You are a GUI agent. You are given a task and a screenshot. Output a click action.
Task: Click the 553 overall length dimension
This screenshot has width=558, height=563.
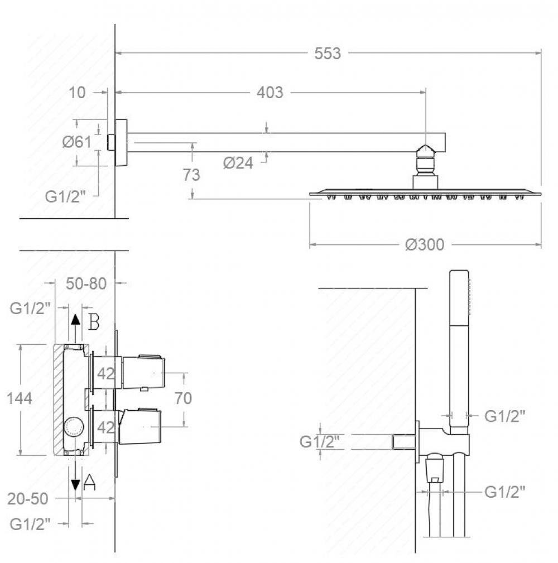tap(328, 54)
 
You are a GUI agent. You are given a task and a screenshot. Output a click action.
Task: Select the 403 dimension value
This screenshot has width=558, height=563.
tap(270, 93)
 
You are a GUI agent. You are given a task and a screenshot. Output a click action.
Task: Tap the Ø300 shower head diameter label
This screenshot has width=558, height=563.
tap(425, 244)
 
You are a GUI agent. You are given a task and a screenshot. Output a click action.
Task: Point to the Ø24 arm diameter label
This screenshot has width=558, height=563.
tap(238, 163)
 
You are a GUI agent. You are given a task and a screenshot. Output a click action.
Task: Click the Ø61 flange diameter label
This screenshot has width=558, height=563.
tap(76, 142)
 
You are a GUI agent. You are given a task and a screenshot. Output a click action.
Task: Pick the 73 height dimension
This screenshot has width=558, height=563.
tap(191, 175)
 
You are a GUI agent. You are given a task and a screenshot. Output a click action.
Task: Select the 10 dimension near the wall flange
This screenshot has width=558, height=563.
tap(78, 93)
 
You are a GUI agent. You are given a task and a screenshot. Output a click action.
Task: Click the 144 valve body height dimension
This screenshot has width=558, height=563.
tap(19, 398)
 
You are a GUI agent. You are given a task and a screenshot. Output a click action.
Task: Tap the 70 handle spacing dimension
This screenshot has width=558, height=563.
tap(183, 398)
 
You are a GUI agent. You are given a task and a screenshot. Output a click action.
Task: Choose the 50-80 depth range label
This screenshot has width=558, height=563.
tap(86, 283)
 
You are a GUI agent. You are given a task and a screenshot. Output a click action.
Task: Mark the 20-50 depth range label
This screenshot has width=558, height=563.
tap(27, 498)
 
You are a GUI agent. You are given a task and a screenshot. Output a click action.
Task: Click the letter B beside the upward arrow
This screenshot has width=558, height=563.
tap(94, 323)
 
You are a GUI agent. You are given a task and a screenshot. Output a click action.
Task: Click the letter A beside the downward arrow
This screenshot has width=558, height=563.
tap(89, 482)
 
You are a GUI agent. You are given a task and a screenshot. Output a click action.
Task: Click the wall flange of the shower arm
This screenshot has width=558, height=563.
tap(121, 142)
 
